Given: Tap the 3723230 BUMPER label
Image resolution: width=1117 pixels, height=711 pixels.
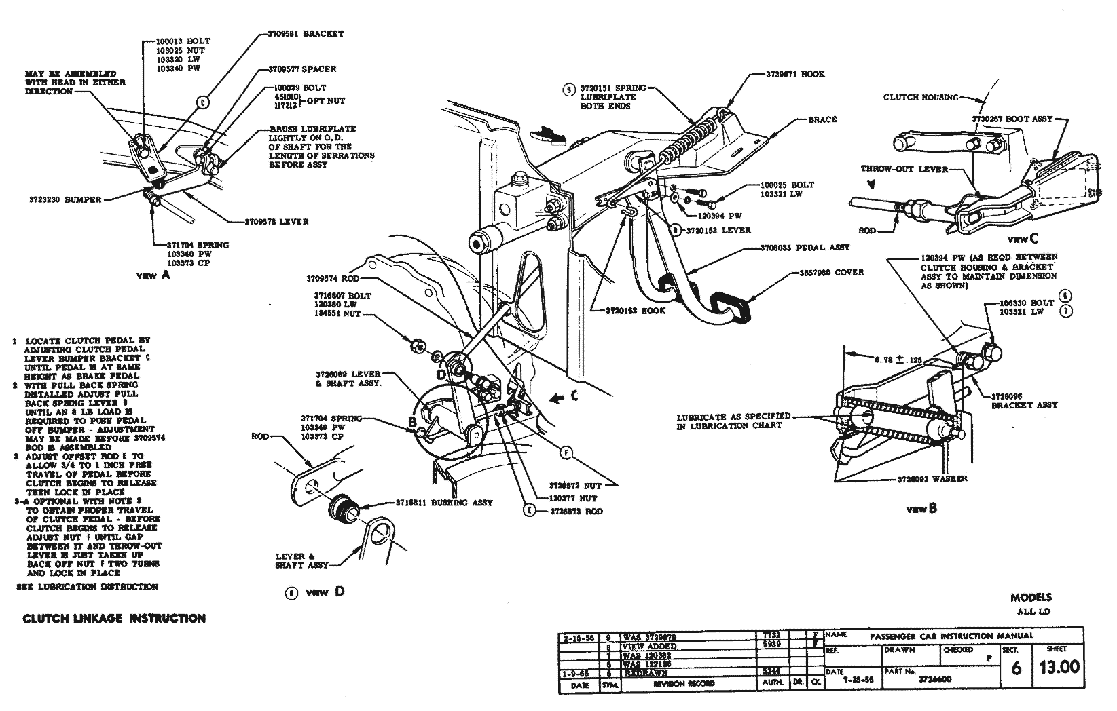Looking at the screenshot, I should [x=65, y=200].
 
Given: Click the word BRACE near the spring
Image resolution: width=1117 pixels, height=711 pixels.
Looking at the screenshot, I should [x=822, y=119].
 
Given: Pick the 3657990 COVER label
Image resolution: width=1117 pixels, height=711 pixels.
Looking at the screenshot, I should [x=830, y=273].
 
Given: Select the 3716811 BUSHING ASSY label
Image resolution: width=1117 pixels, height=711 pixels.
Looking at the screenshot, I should [x=444, y=503].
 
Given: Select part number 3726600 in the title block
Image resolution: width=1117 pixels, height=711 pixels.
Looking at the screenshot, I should [x=934, y=678].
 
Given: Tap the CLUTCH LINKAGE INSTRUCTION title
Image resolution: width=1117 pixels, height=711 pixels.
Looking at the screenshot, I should [x=114, y=619].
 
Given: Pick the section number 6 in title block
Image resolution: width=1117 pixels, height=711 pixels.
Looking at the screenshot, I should [x=1016, y=668].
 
